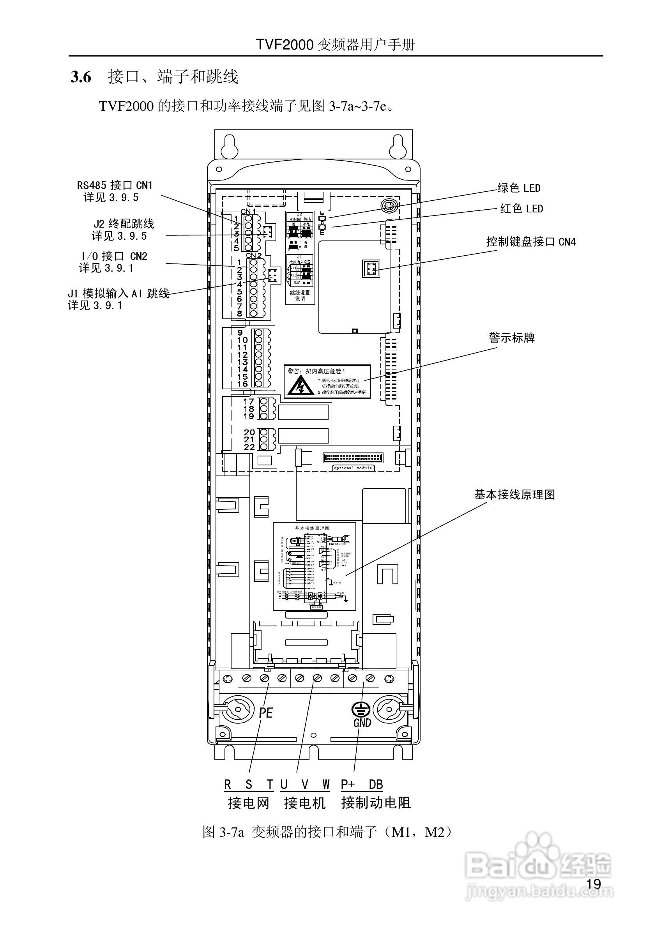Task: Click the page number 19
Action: (x=593, y=884)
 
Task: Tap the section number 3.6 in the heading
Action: (x=81, y=77)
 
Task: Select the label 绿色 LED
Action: (x=519, y=188)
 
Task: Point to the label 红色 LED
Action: (x=521, y=209)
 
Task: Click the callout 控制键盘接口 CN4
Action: (x=531, y=242)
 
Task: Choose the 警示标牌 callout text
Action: (x=512, y=338)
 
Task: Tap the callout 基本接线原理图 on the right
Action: (x=514, y=495)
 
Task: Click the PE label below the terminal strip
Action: (x=265, y=712)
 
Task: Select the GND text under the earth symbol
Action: (x=362, y=723)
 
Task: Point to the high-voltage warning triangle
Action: (x=299, y=385)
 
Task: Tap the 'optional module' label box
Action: (x=352, y=468)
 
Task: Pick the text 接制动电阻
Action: (x=375, y=803)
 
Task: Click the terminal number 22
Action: (x=249, y=447)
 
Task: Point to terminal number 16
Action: (x=242, y=384)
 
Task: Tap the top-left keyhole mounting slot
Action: (x=229, y=148)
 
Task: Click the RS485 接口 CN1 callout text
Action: (x=115, y=186)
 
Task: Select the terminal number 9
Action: (x=240, y=332)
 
